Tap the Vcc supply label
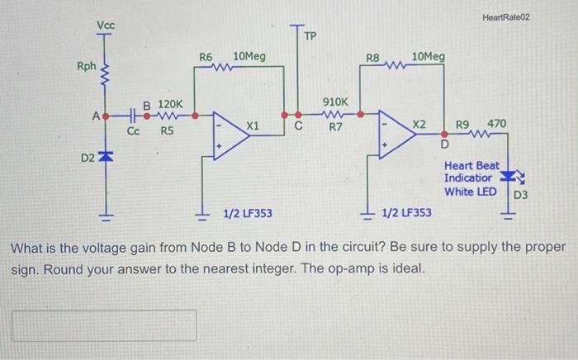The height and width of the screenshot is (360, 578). (x=107, y=26)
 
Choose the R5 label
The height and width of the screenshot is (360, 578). (x=167, y=130)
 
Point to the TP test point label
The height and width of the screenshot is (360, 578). (x=310, y=37)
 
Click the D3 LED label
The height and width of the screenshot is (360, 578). (x=521, y=196)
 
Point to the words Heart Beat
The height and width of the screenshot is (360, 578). (x=471, y=166)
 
